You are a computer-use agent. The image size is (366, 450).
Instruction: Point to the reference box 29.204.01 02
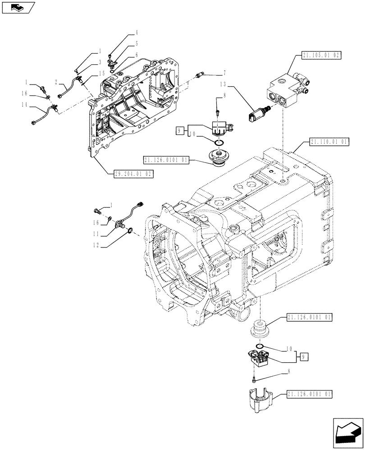(x=134, y=173)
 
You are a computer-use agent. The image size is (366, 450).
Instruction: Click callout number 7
(x=224, y=72)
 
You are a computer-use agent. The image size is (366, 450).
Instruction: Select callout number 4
(x=137, y=33)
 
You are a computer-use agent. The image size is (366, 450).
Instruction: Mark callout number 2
(x=55, y=82)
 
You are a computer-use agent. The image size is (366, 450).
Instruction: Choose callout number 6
(x=137, y=55)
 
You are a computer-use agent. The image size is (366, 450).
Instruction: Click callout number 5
(x=137, y=44)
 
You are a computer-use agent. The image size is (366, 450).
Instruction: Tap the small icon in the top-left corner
(x=17, y=7)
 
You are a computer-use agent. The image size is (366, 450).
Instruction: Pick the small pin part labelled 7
(x=200, y=75)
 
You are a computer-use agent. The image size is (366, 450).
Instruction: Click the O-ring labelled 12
(x=130, y=232)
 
